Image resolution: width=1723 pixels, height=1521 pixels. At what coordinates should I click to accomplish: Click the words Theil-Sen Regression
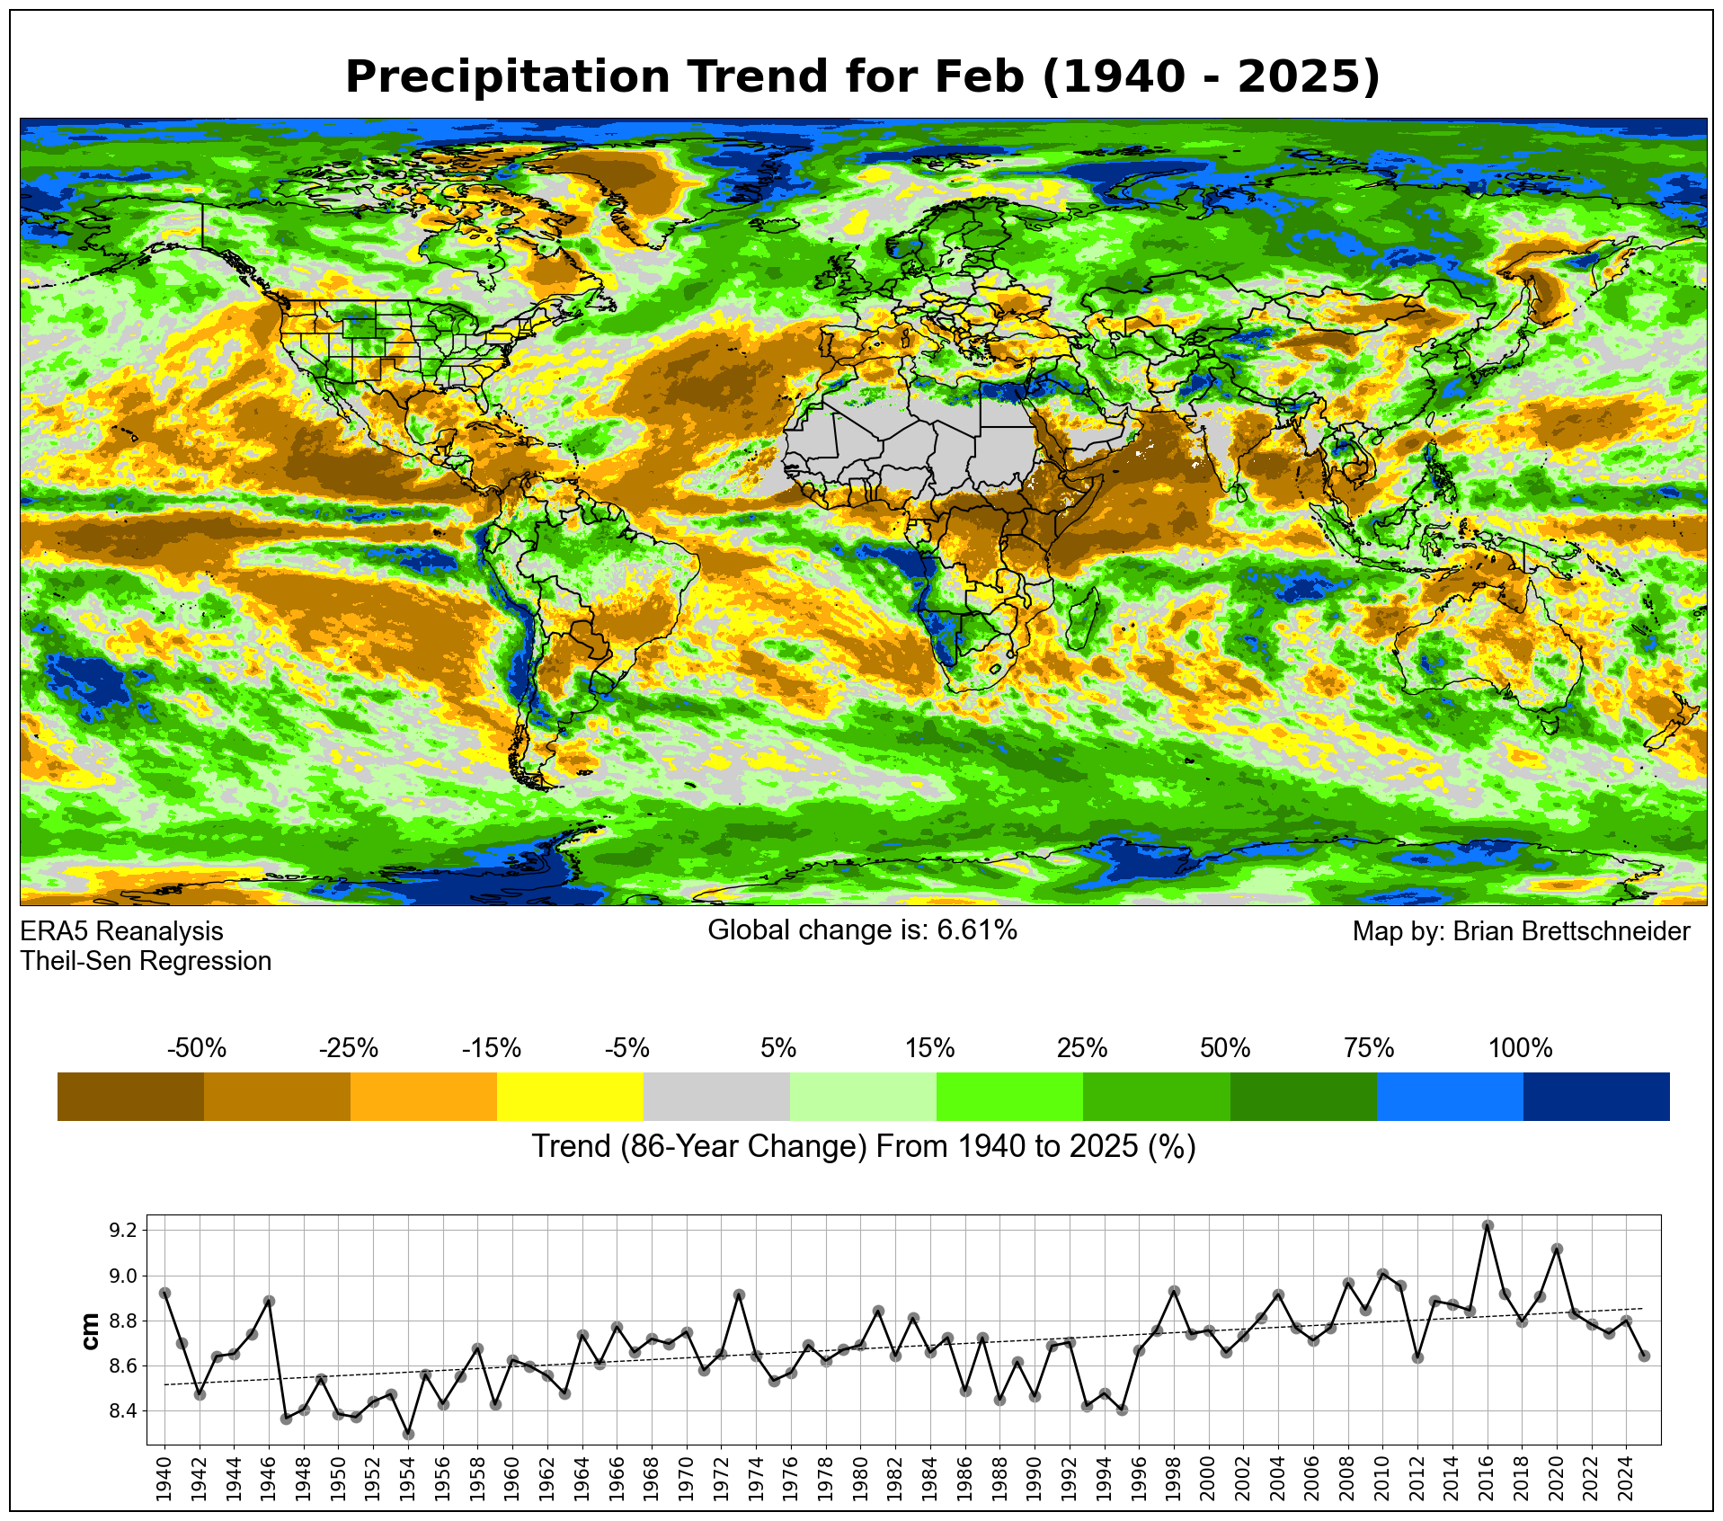(x=146, y=961)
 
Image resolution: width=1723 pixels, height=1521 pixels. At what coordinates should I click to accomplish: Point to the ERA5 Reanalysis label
(x=121, y=931)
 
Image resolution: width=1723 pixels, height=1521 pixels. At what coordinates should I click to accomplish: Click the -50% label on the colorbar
(x=197, y=1048)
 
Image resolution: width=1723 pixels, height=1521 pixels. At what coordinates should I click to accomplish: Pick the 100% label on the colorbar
(x=1520, y=1048)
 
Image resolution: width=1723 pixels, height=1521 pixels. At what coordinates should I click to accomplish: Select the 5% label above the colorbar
(x=777, y=1048)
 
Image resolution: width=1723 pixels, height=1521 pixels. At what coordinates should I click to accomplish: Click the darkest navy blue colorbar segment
(x=1596, y=1096)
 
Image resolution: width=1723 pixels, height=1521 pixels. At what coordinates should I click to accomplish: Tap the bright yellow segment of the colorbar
(x=570, y=1096)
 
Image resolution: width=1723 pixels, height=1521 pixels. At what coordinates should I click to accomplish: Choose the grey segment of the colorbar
(x=716, y=1096)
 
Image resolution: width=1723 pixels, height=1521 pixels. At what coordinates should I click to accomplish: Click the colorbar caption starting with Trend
(x=863, y=1147)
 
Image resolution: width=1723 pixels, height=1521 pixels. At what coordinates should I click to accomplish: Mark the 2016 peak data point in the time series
(x=1488, y=1225)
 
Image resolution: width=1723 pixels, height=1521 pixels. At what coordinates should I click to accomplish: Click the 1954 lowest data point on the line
(x=408, y=1434)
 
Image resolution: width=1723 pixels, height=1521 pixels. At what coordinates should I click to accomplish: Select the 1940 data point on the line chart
(x=164, y=1293)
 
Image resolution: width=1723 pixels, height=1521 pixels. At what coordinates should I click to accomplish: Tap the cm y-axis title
(x=90, y=1331)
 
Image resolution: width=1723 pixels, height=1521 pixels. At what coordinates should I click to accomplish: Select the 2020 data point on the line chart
(x=1557, y=1250)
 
